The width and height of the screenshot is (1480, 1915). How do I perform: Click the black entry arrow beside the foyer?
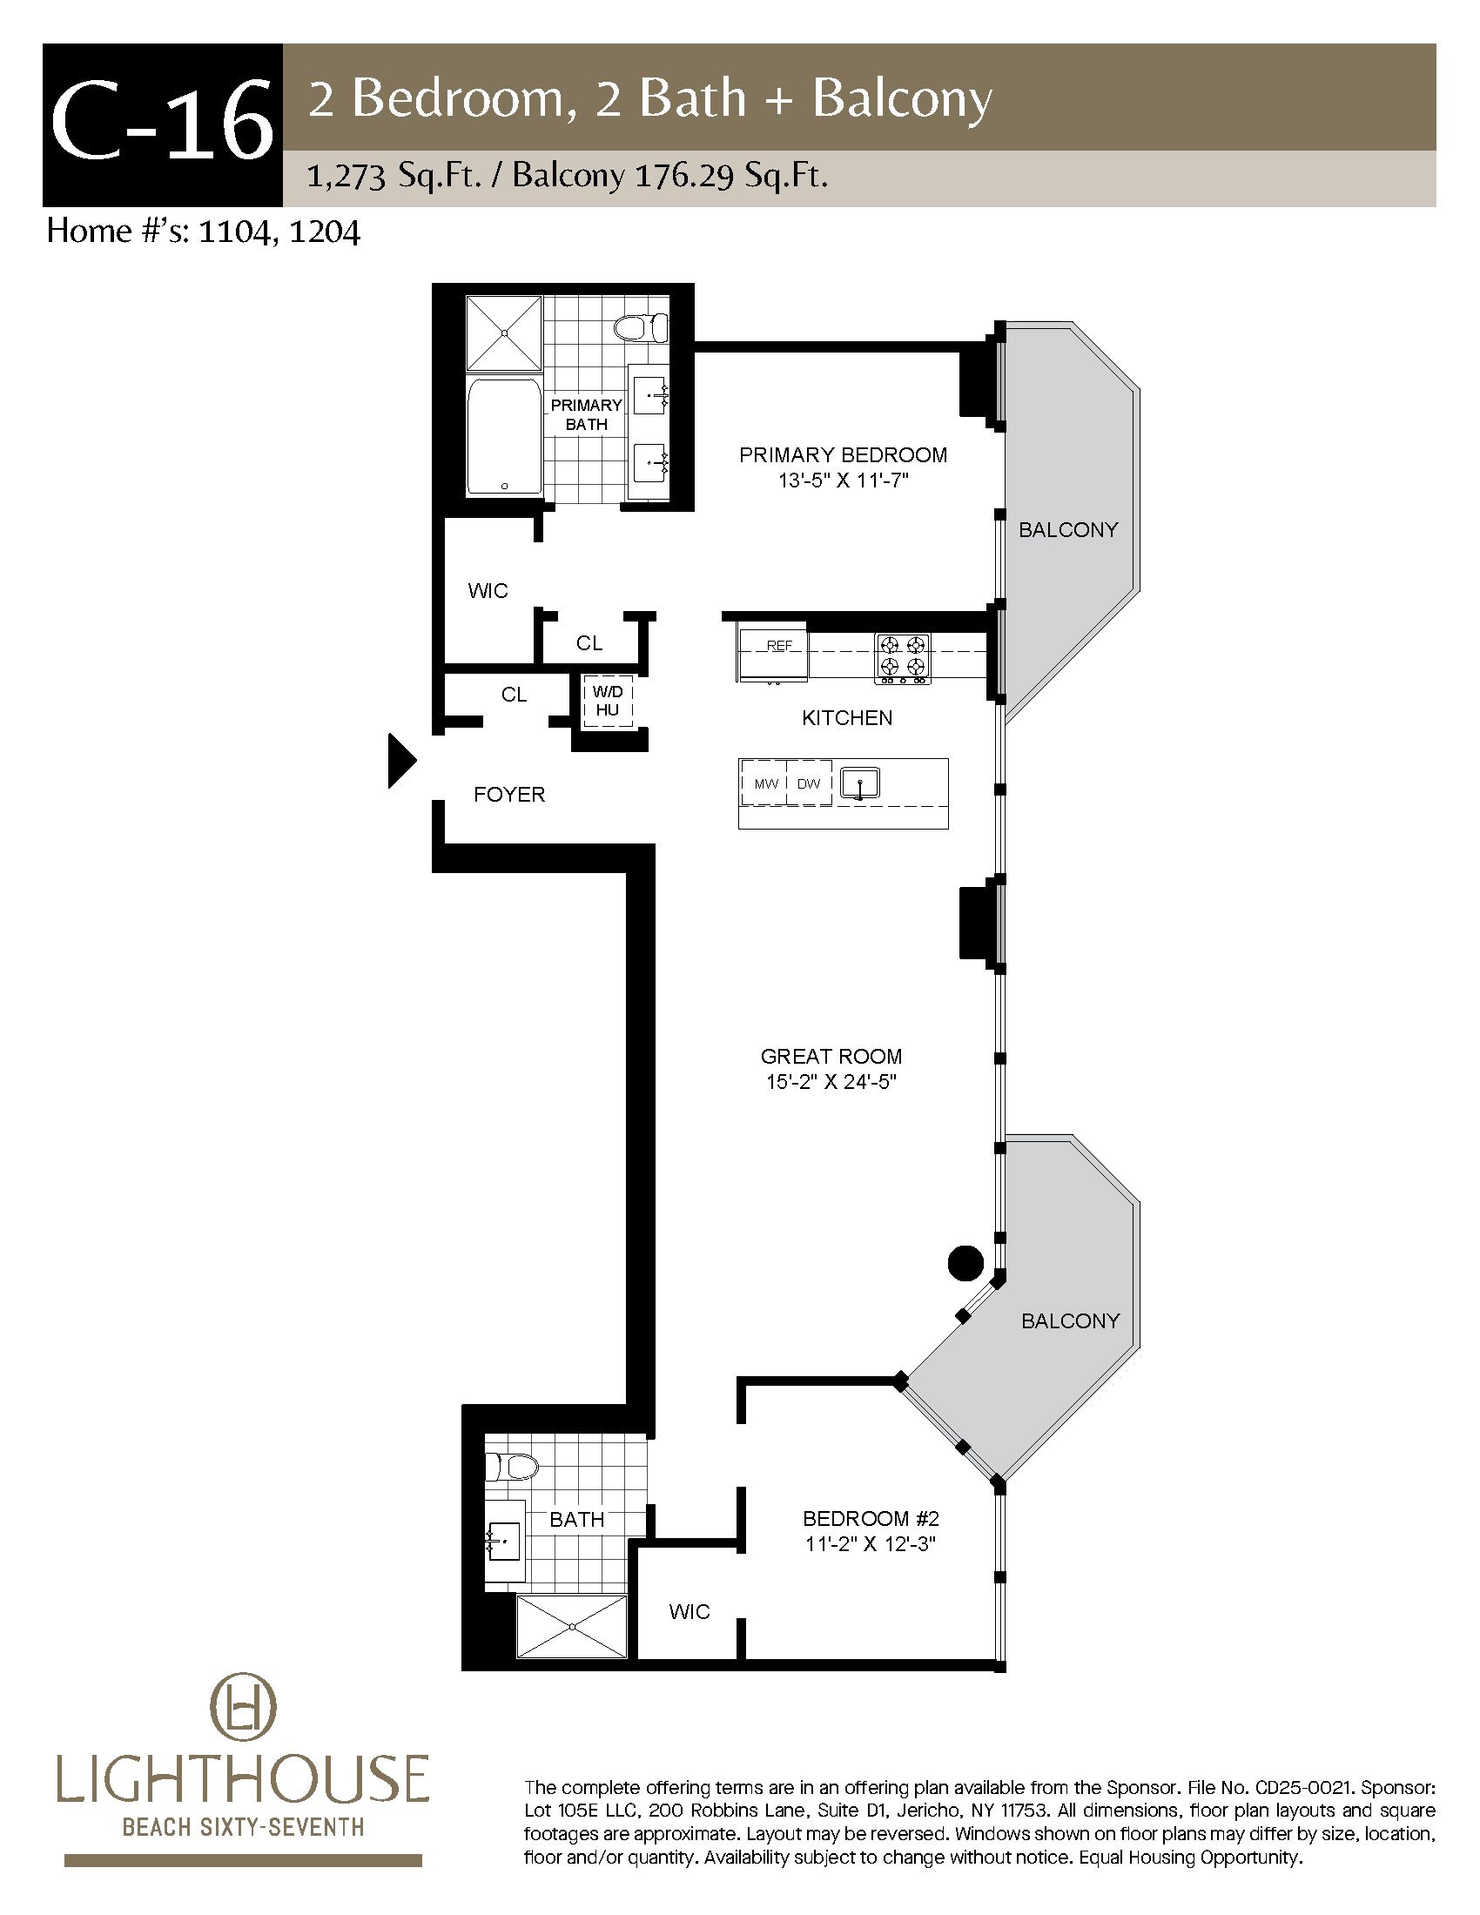(x=401, y=761)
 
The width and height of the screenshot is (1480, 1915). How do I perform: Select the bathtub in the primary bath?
(x=503, y=436)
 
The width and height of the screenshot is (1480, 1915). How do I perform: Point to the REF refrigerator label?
(x=779, y=645)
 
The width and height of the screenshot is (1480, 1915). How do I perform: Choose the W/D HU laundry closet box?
(x=608, y=702)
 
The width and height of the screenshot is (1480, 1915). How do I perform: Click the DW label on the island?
(x=809, y=784)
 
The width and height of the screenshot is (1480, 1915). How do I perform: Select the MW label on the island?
(x=766, y=784)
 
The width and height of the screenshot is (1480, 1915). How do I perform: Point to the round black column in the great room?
(x=965, y=1264)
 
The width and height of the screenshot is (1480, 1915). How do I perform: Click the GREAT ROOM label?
(x=831, y=1057)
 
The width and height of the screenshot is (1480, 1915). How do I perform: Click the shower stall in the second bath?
(x=572, y=1627)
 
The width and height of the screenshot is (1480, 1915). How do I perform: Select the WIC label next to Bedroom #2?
(x=690, y=1611)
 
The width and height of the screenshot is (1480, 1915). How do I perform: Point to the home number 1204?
(x=326, y=232)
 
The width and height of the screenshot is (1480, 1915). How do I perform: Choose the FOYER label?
(x=509, y=795)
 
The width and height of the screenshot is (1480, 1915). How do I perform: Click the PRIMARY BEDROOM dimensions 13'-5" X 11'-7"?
(x=843, y=480)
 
